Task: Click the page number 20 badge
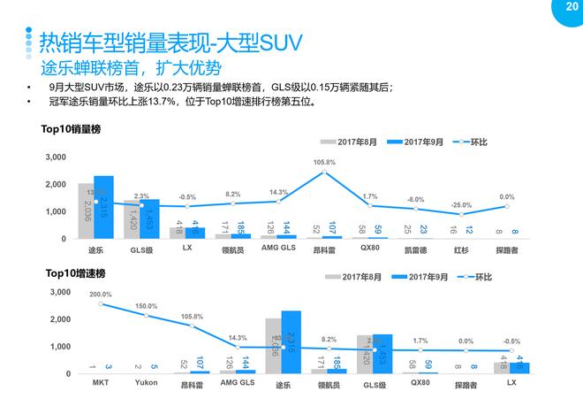(570, 7)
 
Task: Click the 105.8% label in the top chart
(324, 163)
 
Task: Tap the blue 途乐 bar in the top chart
(103, 208)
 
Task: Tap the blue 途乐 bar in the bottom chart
(291, 341)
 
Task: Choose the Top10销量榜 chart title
(72, 130)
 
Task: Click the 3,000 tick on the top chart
(54, 157)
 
